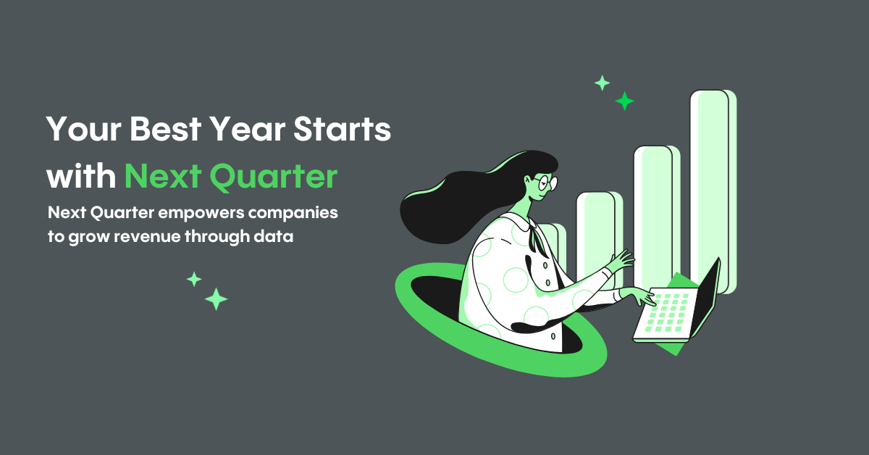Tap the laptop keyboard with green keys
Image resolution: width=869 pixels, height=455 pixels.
pyautogui.click(x=663, y=313)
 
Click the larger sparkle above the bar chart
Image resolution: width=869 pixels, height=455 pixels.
pyautogui.click(x=624, y=101)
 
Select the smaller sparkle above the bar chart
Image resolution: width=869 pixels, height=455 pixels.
pyautogui.click(x=602, y=83)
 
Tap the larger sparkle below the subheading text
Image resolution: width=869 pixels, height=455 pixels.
pyautogui.click(x=216, y=299)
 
